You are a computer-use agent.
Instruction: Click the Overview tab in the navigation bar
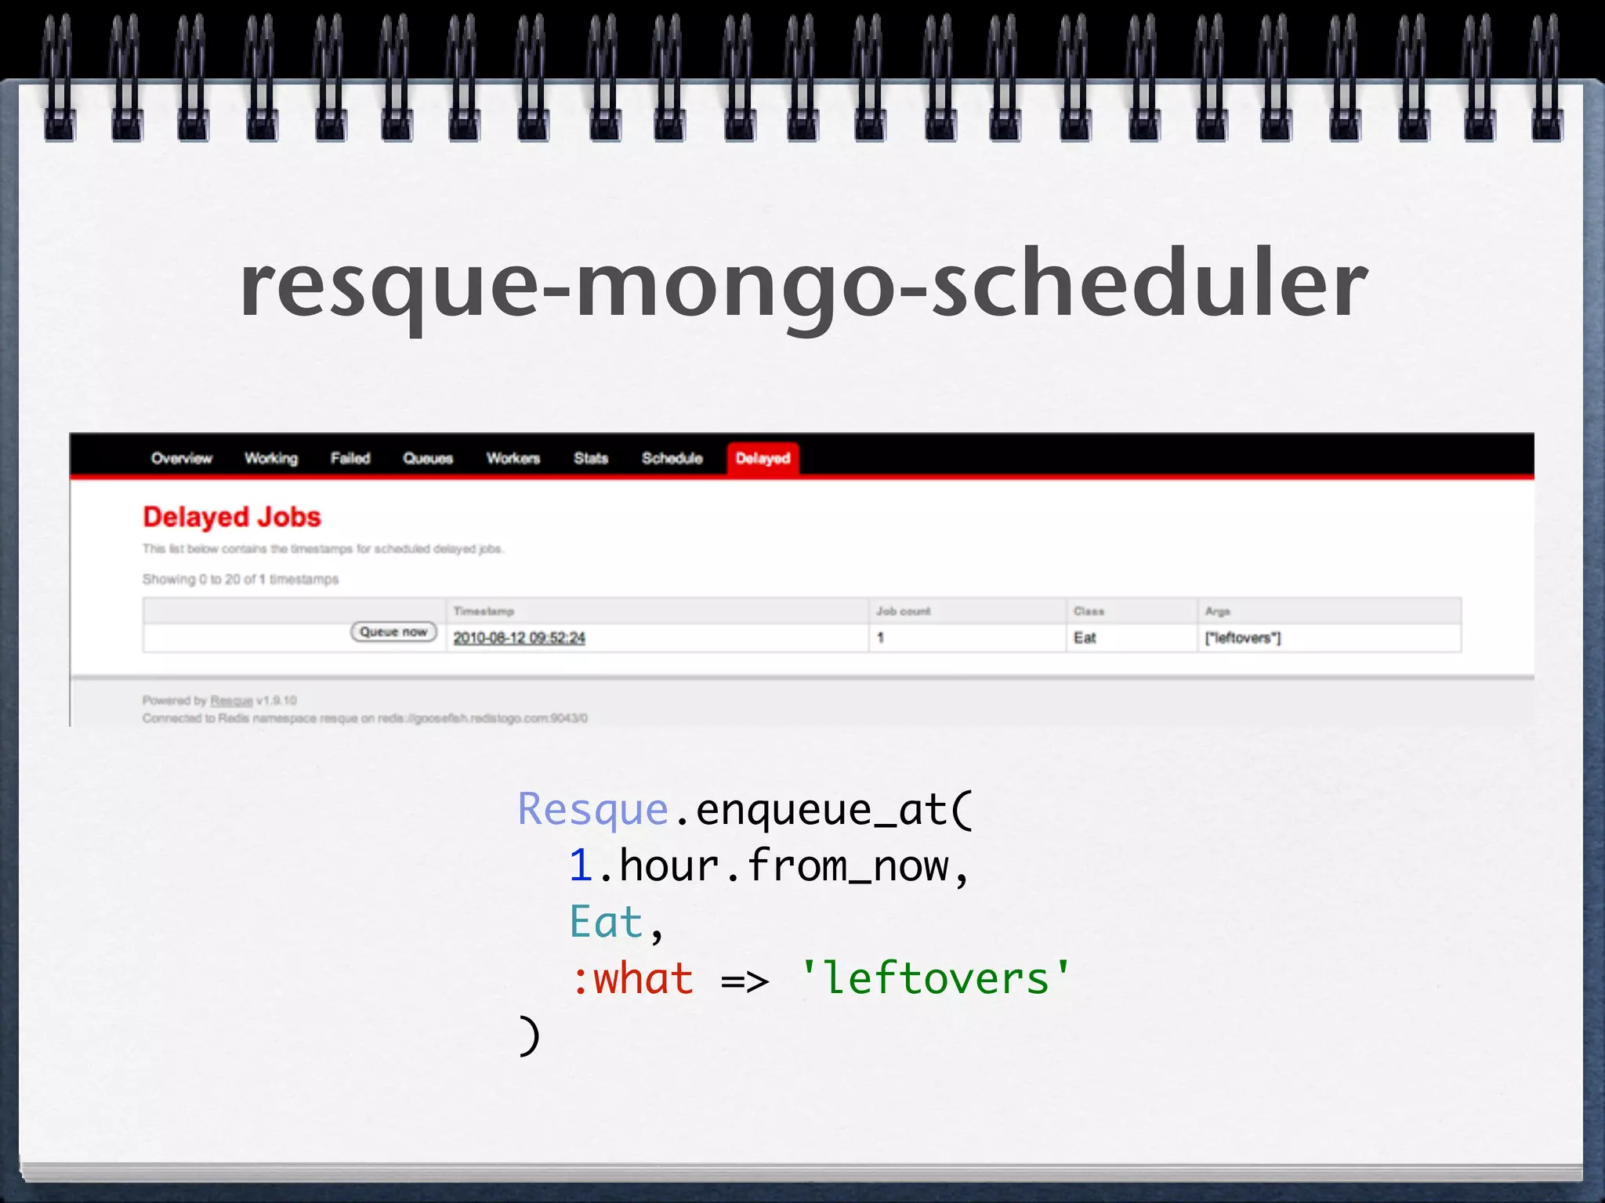[181, 458]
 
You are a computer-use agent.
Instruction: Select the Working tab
[271, 458]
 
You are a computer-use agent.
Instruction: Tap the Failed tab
[350, 458]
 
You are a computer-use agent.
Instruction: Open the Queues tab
[428, 458]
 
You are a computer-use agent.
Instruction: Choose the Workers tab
[513, 458]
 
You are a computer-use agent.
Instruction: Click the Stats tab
[591, 458]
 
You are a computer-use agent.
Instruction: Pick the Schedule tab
[672, 458]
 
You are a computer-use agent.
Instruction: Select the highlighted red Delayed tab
[763, 458]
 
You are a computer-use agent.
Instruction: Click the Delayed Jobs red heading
[232, 517]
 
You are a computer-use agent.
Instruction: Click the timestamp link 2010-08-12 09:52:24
[519, 638]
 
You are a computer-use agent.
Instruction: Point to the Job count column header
[903, 611]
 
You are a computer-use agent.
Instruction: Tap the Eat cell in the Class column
[1085, 638]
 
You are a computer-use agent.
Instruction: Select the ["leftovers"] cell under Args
[1243, 638]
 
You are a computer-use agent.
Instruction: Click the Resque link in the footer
[231, 701]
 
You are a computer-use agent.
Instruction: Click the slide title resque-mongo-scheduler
[803, 284]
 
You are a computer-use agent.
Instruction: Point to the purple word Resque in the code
[592, 810]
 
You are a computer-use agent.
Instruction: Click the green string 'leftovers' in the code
[936, 979]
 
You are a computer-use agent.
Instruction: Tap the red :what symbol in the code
[633, 979]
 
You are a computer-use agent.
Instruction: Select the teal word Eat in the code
[606, 923]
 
